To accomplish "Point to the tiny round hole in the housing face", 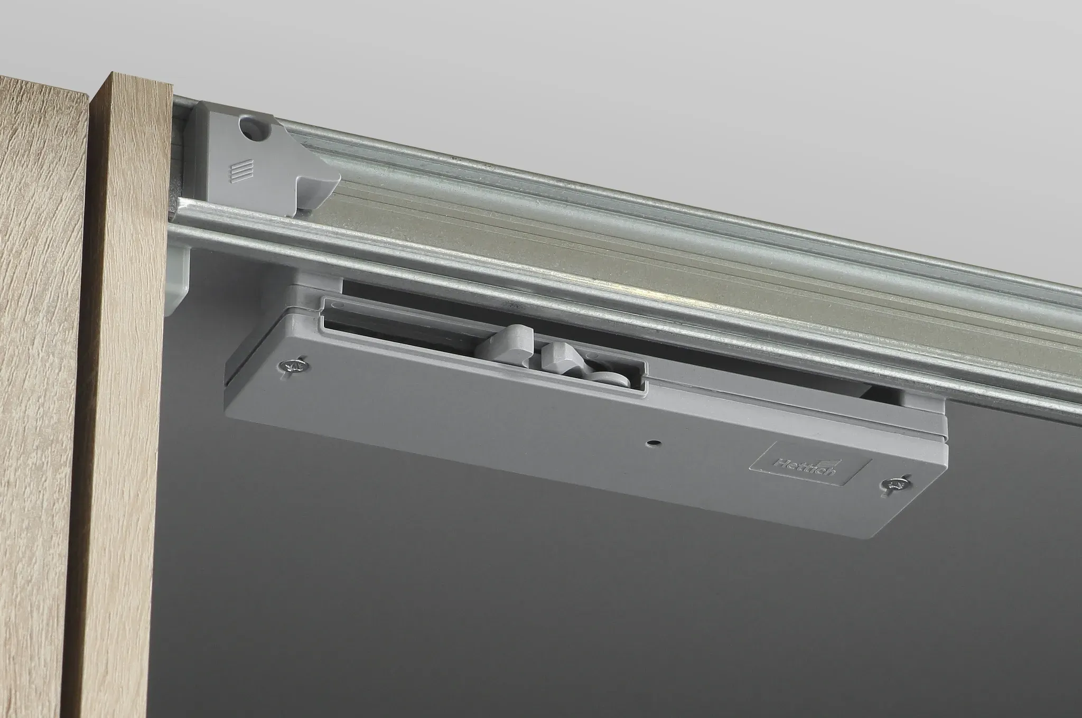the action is [x=655, y=441].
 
